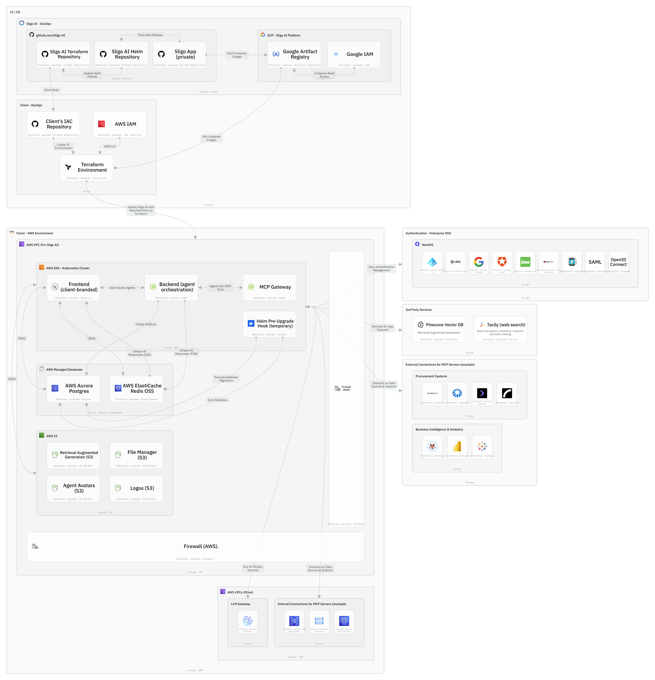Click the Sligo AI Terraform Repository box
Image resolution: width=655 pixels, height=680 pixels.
(x=63, y=55)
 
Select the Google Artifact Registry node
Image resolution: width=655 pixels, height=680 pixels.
(x=294, y=55)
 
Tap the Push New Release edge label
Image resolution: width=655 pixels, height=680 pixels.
(x=150, y=35)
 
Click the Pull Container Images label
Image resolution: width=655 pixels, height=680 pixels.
(x=211, y=138)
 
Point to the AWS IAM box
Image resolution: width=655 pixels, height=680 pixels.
(x=120, y=125)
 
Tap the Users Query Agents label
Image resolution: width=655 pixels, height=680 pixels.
(x=122, y=288)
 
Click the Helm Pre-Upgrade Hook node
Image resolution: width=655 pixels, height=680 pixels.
(x=269, y=324)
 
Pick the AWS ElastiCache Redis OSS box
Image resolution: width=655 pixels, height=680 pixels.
(x=136, y=389)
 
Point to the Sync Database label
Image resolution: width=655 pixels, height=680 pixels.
(x=218, y=400)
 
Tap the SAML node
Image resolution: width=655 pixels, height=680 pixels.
(x=595, y=263)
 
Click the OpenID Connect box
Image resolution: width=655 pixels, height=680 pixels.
(x=618, y=263)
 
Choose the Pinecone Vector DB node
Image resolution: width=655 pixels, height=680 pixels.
(x=439, y=329)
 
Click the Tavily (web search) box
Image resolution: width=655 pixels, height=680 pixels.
(x=500, y=329)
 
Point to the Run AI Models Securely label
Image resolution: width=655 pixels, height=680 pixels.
(x=253, y=568)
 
